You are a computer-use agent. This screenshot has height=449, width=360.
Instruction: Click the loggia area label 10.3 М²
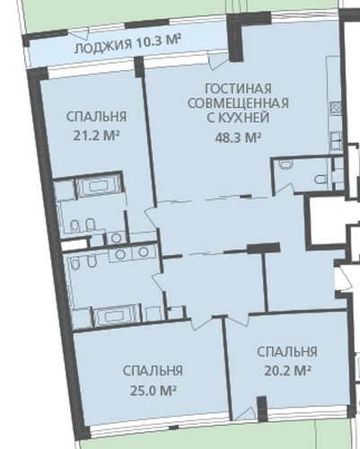(x=159, y=41)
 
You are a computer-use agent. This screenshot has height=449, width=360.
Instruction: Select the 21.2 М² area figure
(x=96, y=136)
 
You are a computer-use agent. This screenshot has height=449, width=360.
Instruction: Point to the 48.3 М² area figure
(x=238, y=137)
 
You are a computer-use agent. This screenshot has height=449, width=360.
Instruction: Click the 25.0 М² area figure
(x=153, y=391)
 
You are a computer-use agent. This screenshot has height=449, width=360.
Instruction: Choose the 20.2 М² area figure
(x=287, y=371)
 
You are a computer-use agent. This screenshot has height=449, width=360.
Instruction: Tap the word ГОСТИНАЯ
(x=239, y=89)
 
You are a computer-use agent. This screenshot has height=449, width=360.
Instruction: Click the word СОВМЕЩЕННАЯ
(x=238, y=103)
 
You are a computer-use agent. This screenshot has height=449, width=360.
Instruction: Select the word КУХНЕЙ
(x=246, y=118)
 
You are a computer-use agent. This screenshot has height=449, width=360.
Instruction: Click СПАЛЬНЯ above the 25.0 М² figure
(x=153, y=371)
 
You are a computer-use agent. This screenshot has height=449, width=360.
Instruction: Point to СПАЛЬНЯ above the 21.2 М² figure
(x=96, y=117)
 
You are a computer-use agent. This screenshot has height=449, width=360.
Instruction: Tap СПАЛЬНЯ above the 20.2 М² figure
(x=287, y=352)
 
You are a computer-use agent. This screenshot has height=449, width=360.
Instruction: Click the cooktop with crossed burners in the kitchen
(x=336, y=109)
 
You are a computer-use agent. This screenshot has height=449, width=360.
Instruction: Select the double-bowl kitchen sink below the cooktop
(x=336, y=141)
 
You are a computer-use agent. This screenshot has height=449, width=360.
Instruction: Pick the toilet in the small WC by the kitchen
(x=320, y=179)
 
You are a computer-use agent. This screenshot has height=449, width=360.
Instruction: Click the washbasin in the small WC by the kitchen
(x=285, y=165)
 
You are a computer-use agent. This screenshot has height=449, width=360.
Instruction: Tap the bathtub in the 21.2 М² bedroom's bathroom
(x=98, y=186)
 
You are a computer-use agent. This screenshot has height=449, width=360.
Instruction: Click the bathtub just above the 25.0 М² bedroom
(x=116, y=316)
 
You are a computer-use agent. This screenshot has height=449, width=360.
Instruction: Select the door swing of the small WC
(x=284, y=189)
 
